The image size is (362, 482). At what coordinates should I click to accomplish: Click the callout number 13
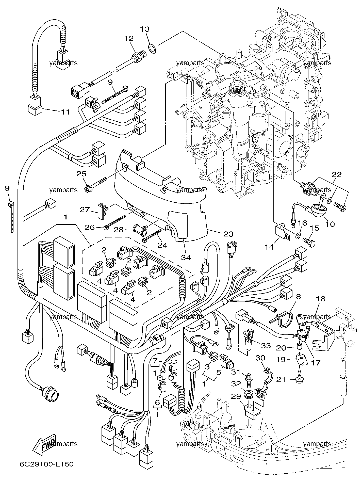click(x=145, y=29)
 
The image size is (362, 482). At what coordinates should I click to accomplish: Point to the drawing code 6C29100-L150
click(x=47, y=464)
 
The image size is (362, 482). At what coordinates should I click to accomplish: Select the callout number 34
click(x=186, y=257)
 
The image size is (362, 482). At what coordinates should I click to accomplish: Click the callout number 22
click(x=337, y=175)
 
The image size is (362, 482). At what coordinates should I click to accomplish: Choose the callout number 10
click(x=330, y=224)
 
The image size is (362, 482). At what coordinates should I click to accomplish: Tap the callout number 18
click(x=321, y=299)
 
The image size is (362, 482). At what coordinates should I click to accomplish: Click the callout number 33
click(x=266, y=346)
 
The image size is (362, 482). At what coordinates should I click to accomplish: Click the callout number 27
click(x=85, y=210)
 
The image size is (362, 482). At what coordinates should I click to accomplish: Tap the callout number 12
click(x=129, y=38)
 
